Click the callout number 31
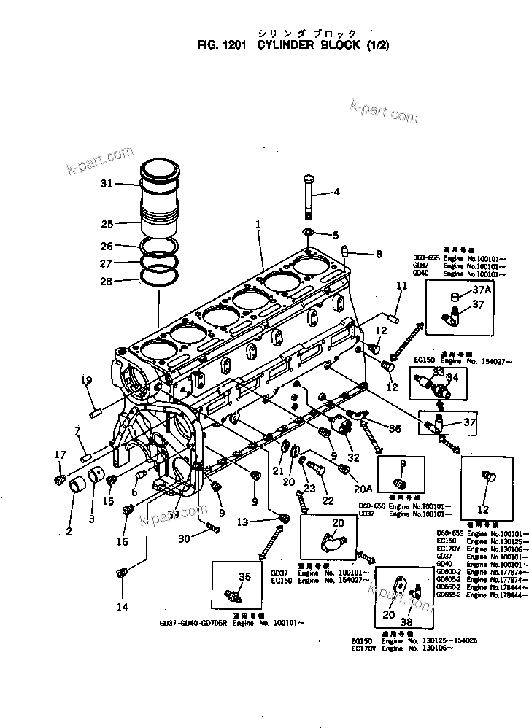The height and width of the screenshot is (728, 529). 107,183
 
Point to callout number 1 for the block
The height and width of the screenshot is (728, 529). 258,225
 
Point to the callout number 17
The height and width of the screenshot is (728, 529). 60,455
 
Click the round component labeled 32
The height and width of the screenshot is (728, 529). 339,426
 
